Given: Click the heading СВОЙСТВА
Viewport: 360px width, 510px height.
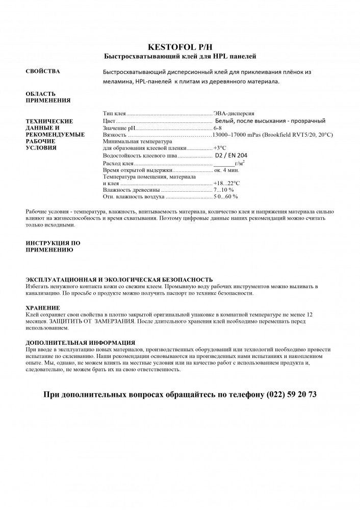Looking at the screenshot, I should tap(43, 71).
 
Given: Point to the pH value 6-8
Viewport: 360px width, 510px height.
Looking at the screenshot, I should tap(218, 127).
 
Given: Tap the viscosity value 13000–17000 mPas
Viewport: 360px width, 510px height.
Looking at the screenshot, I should tap(239, 134).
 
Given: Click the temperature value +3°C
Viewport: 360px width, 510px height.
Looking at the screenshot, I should tap(220, 147).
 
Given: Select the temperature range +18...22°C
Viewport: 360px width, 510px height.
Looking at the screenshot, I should tap(226, 183).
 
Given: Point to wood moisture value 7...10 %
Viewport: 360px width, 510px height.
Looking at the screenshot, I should tap(223, 189).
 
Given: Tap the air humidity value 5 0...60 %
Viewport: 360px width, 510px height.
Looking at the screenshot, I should tap(225, 196).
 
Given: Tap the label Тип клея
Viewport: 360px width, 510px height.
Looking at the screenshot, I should tap(114, 113).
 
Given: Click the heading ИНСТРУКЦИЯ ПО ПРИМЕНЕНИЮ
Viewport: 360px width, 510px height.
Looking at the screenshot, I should tap(53, 246).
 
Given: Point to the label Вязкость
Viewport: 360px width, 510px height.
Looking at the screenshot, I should tap(114, 134).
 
